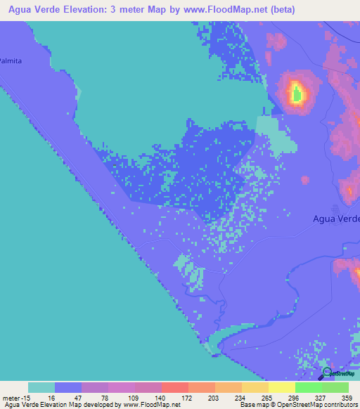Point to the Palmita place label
[11, 60]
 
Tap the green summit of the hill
[297, 92]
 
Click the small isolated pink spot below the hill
[305, 181]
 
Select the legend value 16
[51, 397]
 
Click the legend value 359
[345, 397]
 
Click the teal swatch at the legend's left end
[41, 387]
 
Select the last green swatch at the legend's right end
[335, 387]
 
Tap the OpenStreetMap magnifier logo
[326, 373]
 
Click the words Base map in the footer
[250, 405]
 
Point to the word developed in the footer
[99, 405]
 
